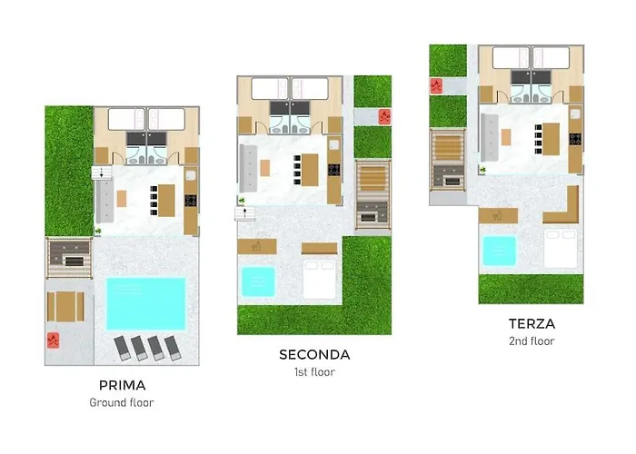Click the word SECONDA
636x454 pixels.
(314, 355)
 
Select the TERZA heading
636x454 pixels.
(532, 323)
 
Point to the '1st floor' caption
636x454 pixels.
(314, 371)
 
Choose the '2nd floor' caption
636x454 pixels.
(532, 340)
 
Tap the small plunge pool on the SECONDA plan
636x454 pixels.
(259, 281)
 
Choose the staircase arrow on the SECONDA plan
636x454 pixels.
(243, 214)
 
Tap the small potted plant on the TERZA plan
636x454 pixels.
(484, 170)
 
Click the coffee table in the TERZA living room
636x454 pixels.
(506, 137)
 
